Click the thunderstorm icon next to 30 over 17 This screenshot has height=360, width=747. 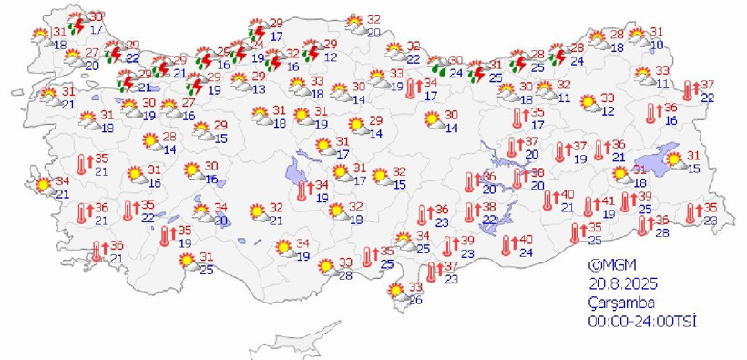79,23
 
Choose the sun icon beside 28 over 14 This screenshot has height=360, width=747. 151,141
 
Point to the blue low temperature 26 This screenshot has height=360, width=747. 417,301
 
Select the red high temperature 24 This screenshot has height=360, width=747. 259,44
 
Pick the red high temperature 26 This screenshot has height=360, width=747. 224,52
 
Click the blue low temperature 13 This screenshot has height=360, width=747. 260,88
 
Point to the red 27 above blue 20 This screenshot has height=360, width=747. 91,53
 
